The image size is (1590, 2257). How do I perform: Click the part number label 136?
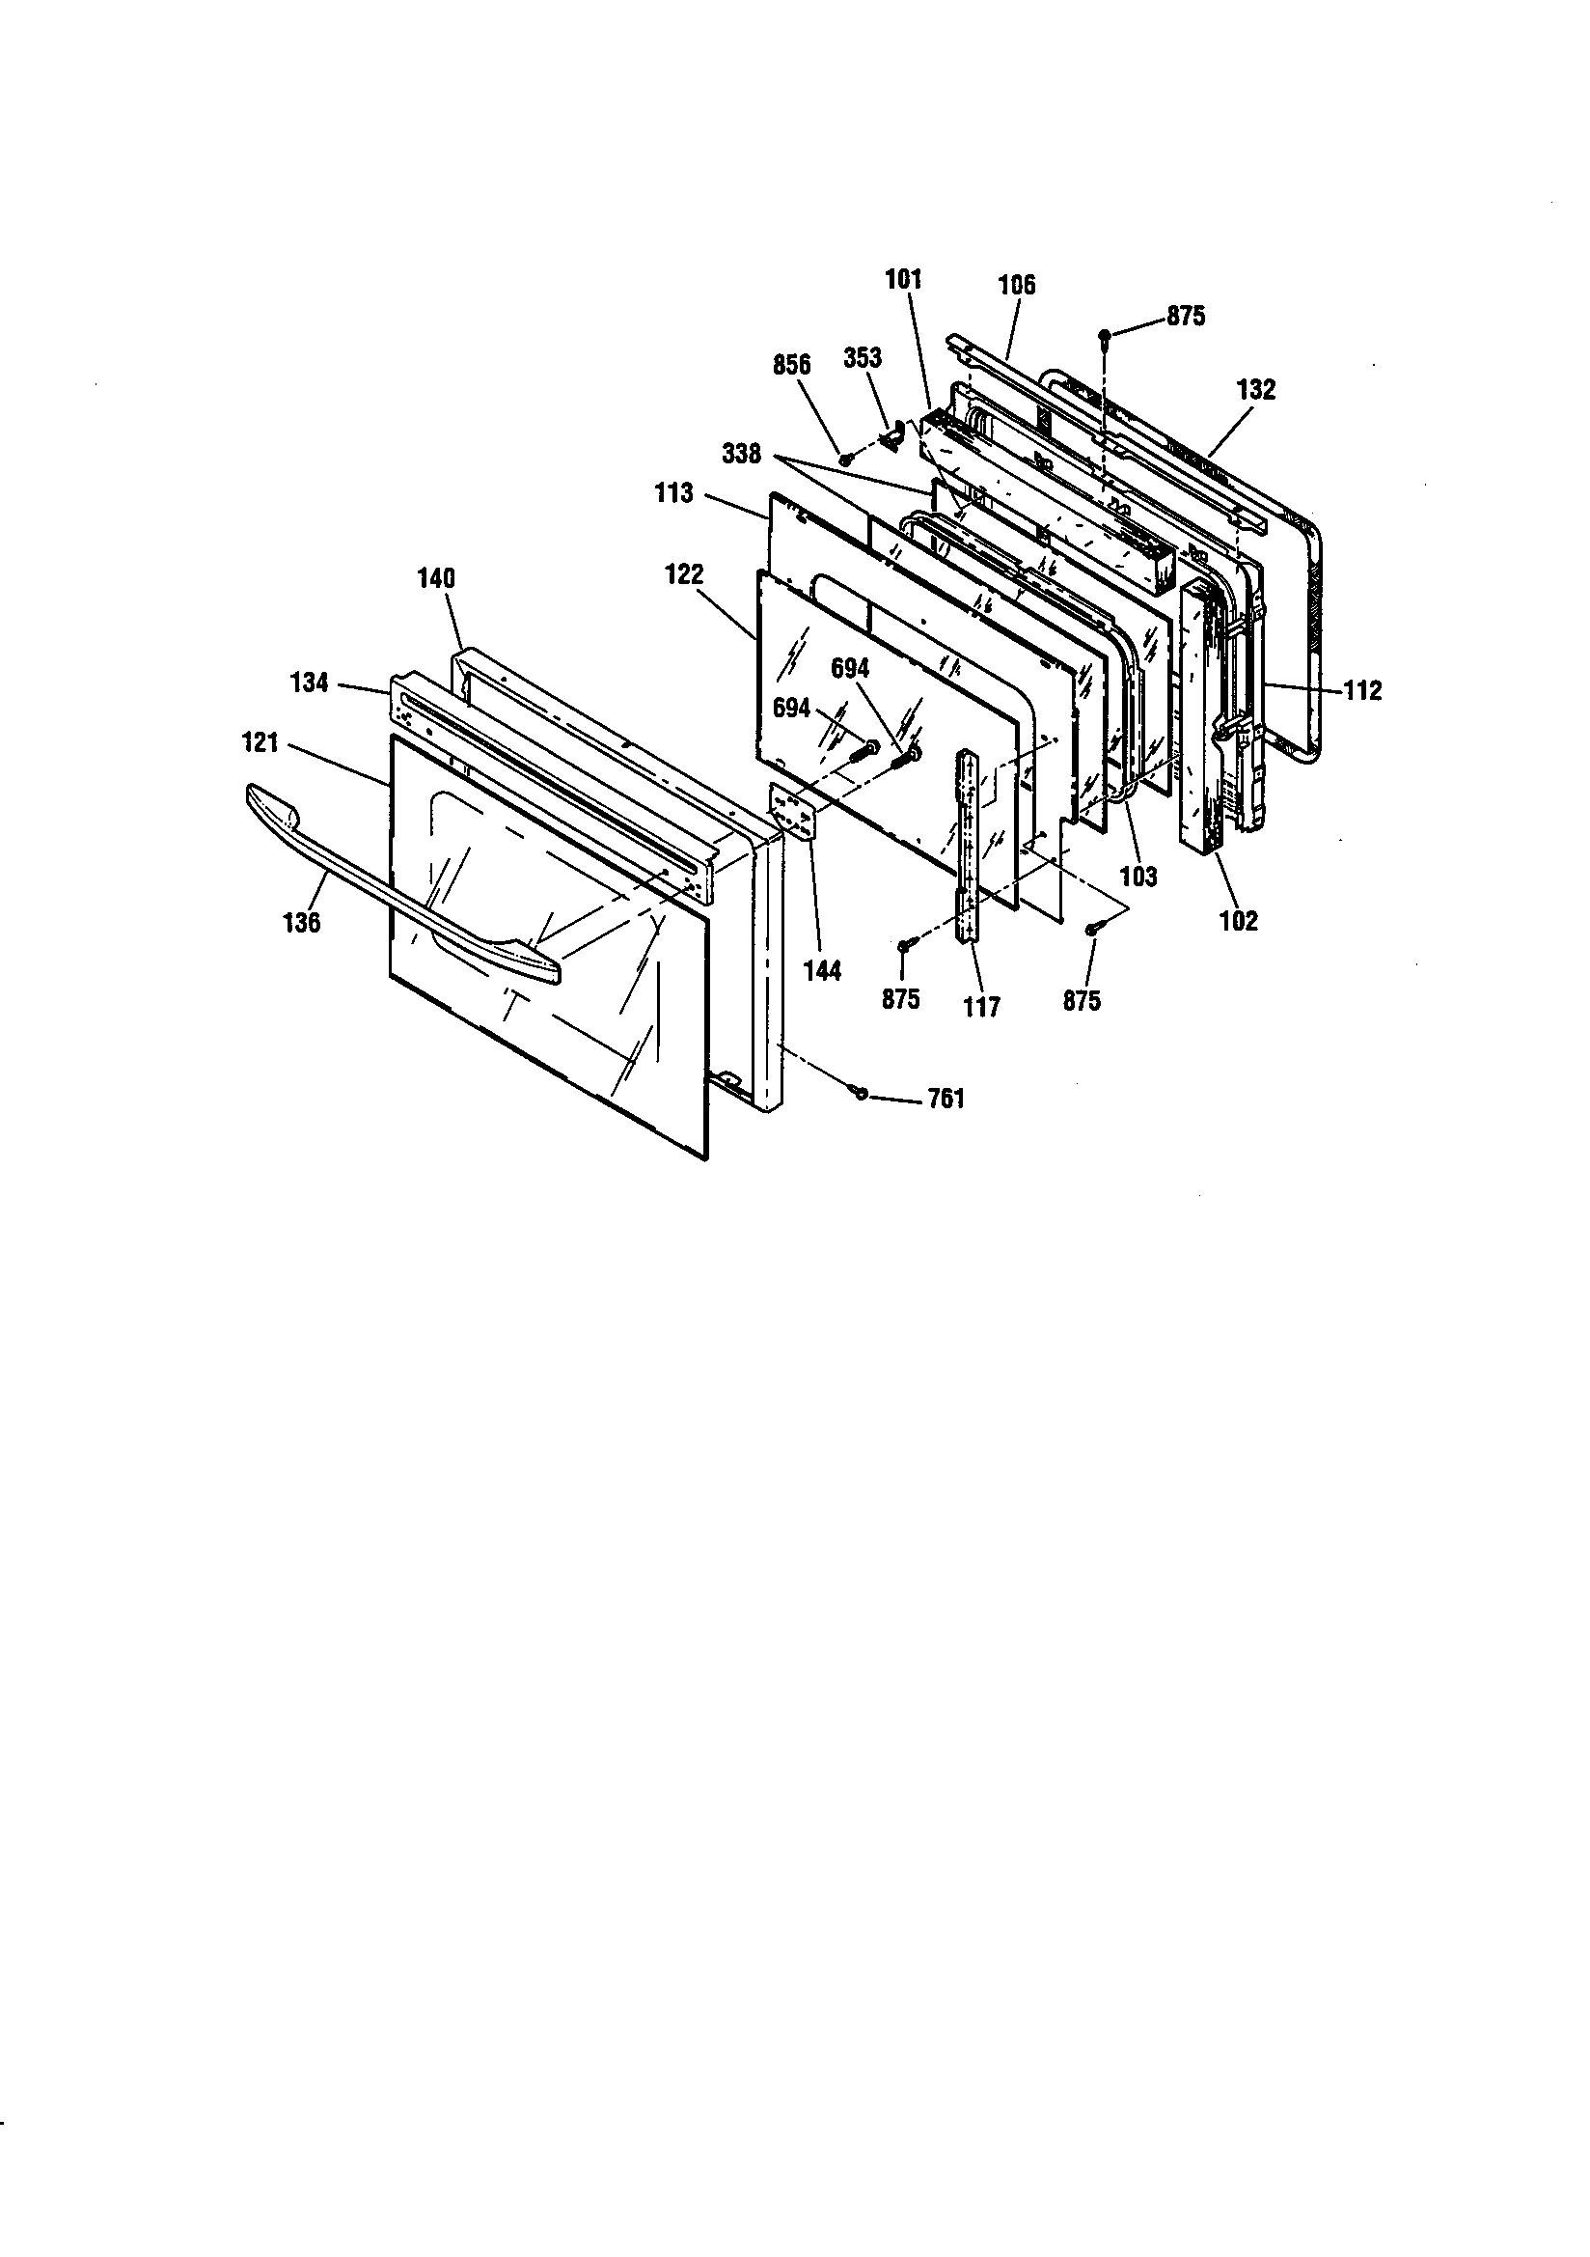click(x=301, y=922)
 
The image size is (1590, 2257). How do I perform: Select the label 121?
click(x=260, y=743)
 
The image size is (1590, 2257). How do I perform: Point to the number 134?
click(x=309, y=682)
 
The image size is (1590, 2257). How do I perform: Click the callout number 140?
click(x=436, y=578)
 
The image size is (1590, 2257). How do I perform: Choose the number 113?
click(x=674, y=492)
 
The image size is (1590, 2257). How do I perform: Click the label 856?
click(x=791, y=366)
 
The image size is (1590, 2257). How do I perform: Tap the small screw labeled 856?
click(x=845, y=460)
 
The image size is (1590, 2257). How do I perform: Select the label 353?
click(x=862, y=358)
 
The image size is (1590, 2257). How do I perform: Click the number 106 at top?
click(x=1016, y=285)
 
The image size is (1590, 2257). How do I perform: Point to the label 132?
click(x=1256, y=389)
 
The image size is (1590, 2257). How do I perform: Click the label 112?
click(x=1362, y=690)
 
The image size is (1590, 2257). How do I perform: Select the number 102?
click(x=1238, y=921)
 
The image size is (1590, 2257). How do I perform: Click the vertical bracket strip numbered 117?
click(x=968, y=846)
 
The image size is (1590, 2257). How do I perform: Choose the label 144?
click(x=823, y=971)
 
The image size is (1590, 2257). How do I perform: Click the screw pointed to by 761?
click(x=862, y=1093)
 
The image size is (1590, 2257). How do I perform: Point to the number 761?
click(x=946, y=1098)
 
